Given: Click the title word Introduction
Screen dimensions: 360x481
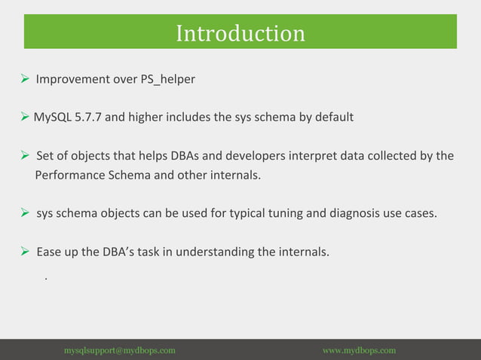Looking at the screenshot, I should pos(240,33).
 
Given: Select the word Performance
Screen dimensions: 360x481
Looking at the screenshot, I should pos(68,175).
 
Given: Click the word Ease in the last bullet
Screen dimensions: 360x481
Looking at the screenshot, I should pos(49,252).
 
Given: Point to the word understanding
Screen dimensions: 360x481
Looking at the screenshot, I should pos(213,252).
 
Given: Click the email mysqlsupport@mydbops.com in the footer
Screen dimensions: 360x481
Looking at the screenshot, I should pos(120,350).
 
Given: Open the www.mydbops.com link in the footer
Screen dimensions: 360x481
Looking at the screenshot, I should pos(359,350).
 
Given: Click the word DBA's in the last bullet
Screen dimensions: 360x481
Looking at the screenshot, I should pos(121,252).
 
